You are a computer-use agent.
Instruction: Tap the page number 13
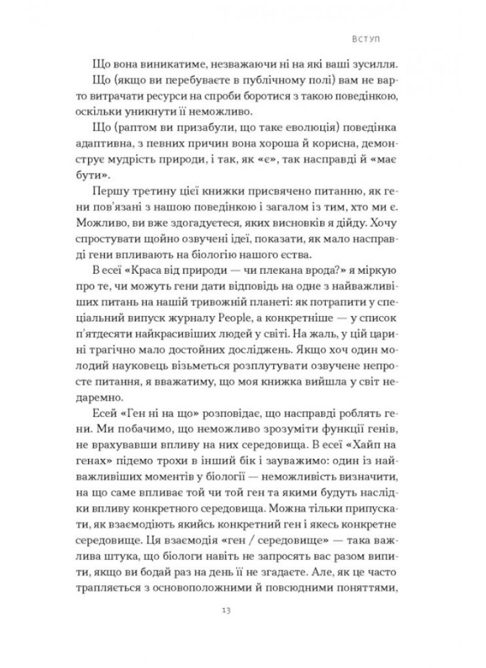click(242, 612)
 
